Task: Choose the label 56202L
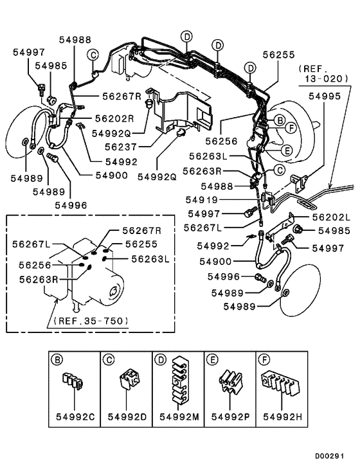(332, 217)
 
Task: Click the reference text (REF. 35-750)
(90, 320)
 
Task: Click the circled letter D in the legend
(159, 358)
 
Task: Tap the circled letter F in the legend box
(264, 358)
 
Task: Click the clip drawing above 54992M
(179, 384)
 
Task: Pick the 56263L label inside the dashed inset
(150, 258)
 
